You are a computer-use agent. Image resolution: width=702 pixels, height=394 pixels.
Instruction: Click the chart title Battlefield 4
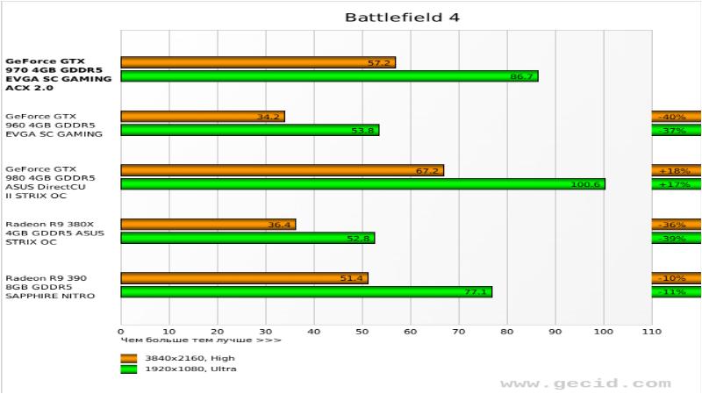(401, 17)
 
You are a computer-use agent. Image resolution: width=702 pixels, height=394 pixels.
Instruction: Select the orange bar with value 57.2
(258, 62)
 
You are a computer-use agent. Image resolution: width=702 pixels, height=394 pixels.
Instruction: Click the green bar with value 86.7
(329, 76)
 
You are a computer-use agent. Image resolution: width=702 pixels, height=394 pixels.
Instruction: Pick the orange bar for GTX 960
(203, 116)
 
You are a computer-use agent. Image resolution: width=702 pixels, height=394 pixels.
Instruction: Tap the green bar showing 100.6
(362, 184)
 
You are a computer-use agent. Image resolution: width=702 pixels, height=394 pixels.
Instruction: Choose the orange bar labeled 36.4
(208, 225)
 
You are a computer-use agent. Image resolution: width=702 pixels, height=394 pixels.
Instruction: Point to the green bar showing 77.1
(306, 291)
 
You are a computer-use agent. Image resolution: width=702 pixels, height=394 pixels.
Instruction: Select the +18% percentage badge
(676, 170)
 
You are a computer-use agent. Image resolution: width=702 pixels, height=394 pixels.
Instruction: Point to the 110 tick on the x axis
(651, 332)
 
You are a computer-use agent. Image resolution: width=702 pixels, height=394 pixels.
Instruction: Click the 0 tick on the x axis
(121, 332)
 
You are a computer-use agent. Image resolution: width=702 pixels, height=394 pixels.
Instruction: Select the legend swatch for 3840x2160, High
(129, 357)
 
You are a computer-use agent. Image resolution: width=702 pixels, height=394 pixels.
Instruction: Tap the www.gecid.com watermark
(584, 383)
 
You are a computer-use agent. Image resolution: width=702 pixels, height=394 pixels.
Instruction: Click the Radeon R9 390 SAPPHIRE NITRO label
(51, 287)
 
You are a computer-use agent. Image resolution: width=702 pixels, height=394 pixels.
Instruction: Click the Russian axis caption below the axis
(201, 340)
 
